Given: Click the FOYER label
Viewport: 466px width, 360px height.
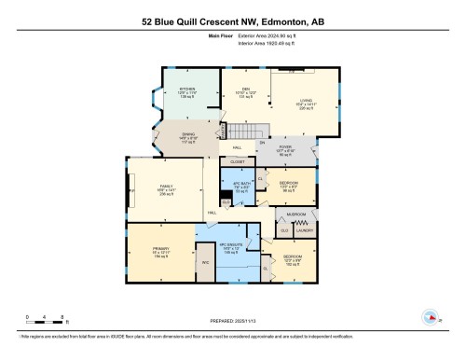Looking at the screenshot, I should tap(286, 145).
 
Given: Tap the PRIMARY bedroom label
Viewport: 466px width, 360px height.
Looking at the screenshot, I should tap(160, 249).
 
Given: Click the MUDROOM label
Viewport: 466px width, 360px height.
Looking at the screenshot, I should tap(296, 214).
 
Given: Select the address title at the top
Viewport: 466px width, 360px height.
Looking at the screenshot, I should tap(233, 20).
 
